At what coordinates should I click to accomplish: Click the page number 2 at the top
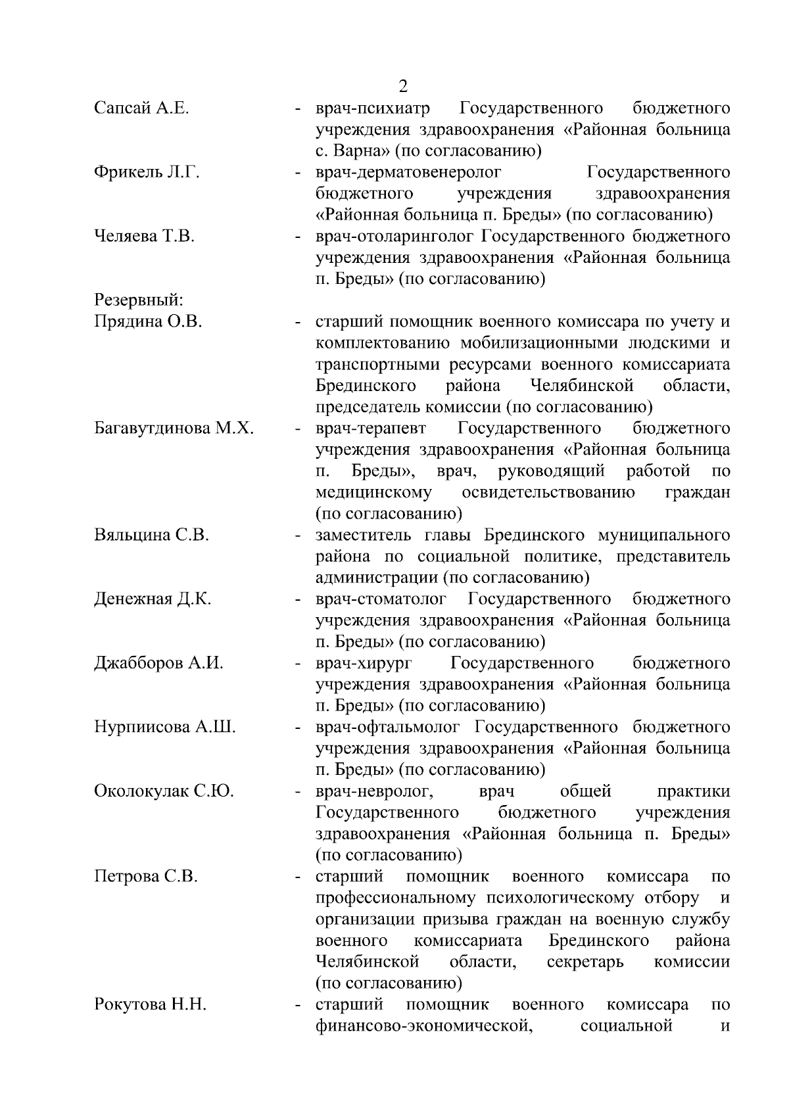click(x=403, y=86)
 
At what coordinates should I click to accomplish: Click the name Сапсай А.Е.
click(x=141, y=108)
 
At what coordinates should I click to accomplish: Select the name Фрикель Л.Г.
click(x=147, y=172)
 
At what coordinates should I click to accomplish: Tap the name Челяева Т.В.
click(x=145, y=236)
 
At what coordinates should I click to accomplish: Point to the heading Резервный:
click(x=139, y=300)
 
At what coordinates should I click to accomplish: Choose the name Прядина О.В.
click(x=148, y=322)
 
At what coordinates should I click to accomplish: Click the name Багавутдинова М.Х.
click(x=174, y=429)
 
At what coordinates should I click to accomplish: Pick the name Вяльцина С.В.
click(x=151, y=535)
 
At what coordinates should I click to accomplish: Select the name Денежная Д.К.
click(x=153, y=599)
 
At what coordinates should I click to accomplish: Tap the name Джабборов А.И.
click(x=159, y=663)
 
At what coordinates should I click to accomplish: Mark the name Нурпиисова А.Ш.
click(x=165, y=727)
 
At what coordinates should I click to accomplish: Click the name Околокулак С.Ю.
click(x=164, y=791)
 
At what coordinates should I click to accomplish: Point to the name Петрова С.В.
click(x=146, y=877)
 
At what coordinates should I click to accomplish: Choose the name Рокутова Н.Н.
click(x=151, y=1005)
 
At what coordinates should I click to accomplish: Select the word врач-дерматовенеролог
click(x=408, y=172)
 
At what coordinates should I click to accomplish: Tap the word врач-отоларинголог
click(x=394, y=236)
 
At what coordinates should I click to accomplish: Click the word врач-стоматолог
click(x=381, y=599)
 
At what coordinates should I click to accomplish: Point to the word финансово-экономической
click(x=423, y=1026)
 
